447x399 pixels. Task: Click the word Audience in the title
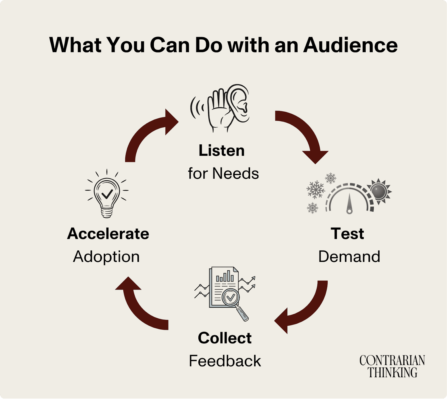click(350, 45)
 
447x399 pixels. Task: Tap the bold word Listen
click(222, 151)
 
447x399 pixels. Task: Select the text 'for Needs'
click(223, 173)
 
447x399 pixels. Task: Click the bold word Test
click(347, 234)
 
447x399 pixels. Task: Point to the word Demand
click(349, 257)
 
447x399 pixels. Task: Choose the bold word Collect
click(225, 338)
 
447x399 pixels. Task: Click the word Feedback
click(225, 361)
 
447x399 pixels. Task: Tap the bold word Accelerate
click(108, 234)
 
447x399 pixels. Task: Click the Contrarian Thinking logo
click(392, 366)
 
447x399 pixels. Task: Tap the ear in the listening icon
click(237, 103)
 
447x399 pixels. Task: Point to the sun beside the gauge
click(379, 192)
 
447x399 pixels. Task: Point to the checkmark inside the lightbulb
click(107, 193)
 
